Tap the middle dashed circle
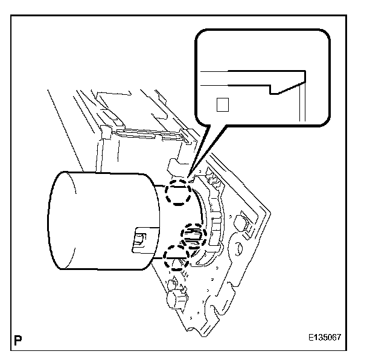point(193,236)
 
